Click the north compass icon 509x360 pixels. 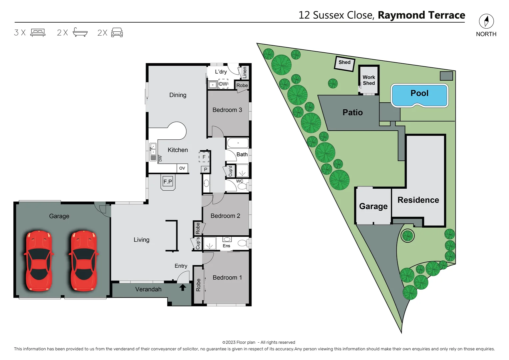pyautogui.click(x=486, y=21)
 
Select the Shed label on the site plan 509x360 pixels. pyautogui.click(x=344, y=62)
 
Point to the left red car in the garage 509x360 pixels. pyautogui.click(x=39, y=260)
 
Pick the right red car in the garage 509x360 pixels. pyautogui.click(x=84, y=260)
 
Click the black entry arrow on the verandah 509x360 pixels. pyautogui.click(x=183, y=287)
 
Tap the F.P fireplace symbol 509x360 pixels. pyautogui.click(x=168, y=182)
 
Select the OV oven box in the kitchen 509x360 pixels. pyautogui.click(x=182, y=168)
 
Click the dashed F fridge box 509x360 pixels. pyautogui.click(x=204, y=157)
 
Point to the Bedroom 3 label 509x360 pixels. pyautogui.click(x=227, y=110)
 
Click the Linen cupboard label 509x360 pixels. pyautogui.click(x=245, y=72)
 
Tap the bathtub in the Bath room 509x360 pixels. pyautogui.click(x=238, y=143)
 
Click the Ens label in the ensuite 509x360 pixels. pyautogui.click(x=227, y=246)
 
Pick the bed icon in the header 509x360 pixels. pyautogui.click(x=38, y=32)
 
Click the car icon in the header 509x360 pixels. pyautogui.click(x=117, y=32)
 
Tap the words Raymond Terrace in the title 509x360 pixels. pyautogui.click(x=421, y=15)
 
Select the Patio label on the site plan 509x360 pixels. pyautogui.click(x=352, y=112)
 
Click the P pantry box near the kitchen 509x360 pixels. pyautogui.click(x=206, y=169)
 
